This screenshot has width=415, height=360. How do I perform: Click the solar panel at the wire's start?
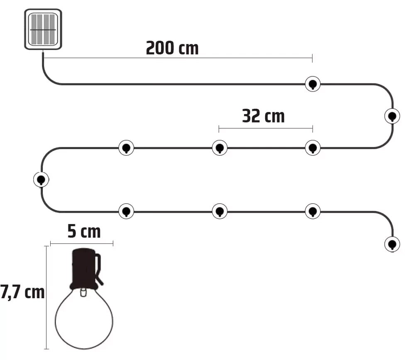[x=43, y=29]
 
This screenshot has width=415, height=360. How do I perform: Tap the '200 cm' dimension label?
[x=172, y=48]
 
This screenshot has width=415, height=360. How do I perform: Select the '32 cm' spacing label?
[x=264, y=116]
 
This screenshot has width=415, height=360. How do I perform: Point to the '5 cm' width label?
[x=84, y=231]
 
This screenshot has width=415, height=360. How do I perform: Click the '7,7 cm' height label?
[x=22, y=292]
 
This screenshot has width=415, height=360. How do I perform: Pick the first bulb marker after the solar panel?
[x=312, y=84]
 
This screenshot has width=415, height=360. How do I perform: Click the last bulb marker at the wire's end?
[x=392, y=244]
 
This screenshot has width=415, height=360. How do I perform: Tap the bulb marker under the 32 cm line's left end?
[x=220, y=148]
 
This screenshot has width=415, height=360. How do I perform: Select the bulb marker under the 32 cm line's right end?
[x=312, y=148]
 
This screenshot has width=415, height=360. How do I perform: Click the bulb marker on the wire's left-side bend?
[x=41, y=180]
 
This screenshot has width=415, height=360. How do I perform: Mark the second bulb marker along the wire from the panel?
[x=392, y=116]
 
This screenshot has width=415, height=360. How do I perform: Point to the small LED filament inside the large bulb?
[x=83, y=292]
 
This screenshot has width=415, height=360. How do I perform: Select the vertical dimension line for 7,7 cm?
[x=46, y=297]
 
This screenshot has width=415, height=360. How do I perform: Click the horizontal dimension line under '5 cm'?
[x=81, y=243]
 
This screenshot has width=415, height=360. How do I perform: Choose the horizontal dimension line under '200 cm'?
[x=178, y=57]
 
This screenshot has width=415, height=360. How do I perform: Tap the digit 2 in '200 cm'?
[x=151, y=48]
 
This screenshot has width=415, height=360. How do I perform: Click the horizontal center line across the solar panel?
[x=43, y=29]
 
